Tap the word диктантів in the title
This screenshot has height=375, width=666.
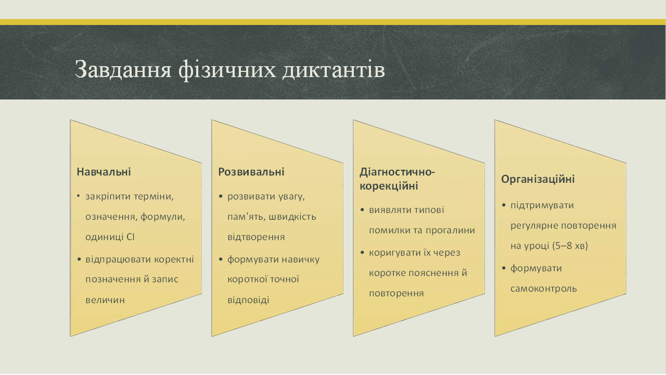coord(334,69)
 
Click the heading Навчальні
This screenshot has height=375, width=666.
coord(104,172)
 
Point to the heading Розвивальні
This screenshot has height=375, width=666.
coord(251,172)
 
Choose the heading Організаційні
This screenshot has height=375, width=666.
coord(538,179)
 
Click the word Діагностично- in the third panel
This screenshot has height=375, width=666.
coord(397,172)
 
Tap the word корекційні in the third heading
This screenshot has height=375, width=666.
coord(389,186)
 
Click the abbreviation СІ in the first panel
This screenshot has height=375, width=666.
coord(131,237)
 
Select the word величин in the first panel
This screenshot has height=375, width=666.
coord(105,299)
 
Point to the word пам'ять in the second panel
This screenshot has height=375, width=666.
coord(246,217)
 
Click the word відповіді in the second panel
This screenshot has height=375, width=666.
coord(248,299)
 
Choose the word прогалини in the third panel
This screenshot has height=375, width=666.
coord(451,231)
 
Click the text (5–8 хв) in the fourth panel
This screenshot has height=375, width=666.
coord(570,246)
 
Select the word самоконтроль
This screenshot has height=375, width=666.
coord(544,289)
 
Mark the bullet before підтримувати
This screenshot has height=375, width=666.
coord(504,205)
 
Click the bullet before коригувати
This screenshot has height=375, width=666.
coord(362,253)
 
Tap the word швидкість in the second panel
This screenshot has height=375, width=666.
coord(292,217)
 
